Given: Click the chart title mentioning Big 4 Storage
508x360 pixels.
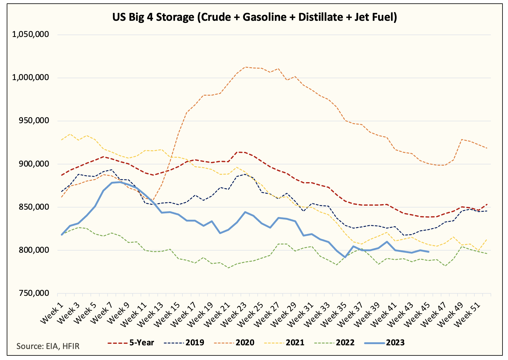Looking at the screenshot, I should pos(254,17).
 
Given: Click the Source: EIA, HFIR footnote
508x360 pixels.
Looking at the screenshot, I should pos(48,346).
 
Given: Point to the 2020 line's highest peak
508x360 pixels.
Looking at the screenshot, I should pos(245,67).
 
